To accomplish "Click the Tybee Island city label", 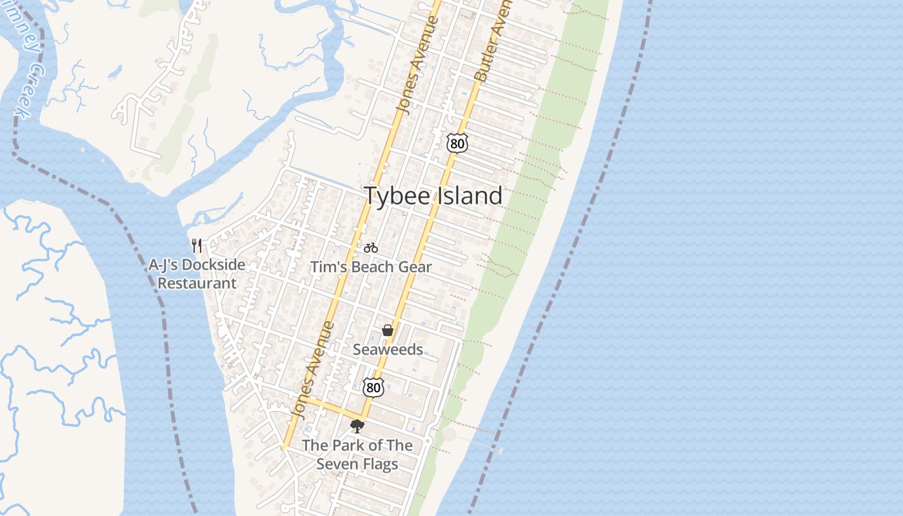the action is point(433,195).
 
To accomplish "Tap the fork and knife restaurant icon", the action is point(197,246).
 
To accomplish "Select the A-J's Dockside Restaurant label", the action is point(197,273).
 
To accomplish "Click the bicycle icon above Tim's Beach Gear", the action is point(371,248).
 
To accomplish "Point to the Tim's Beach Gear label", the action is point(371,266).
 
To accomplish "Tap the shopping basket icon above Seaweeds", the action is point(388,331).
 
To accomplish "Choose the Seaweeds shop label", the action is point(388,350).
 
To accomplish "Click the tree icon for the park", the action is point(357,426).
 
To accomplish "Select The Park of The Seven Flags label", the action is point(357,454).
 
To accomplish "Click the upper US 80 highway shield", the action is point(457,143).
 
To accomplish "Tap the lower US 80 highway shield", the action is point(373,388).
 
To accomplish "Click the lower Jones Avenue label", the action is point(313,369).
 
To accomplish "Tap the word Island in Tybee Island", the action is point(470,195).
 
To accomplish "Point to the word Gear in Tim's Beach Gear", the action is point(417,266).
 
